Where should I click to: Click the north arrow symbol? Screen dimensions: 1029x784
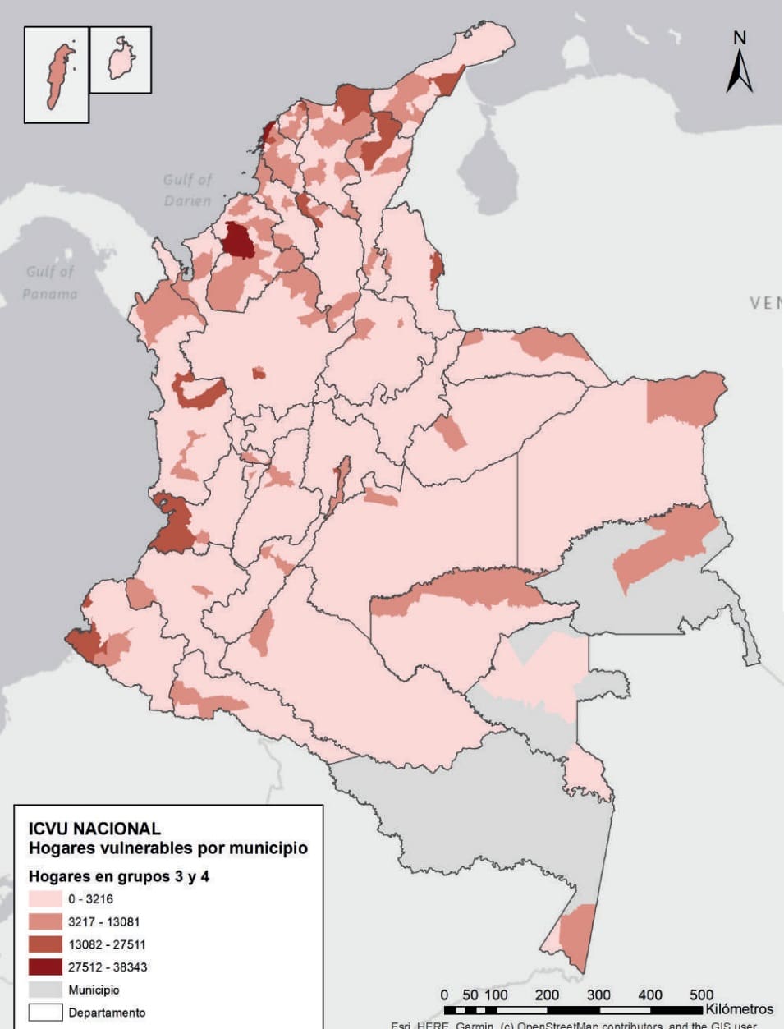(740, 72)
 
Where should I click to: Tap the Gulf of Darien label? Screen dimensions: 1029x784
(187, 190)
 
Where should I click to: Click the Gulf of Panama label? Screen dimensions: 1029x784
(50, 282)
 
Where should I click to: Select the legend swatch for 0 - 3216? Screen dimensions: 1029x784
(45, 898)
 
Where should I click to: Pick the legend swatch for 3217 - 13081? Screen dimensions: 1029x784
(45, 921)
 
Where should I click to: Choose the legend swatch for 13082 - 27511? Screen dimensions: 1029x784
(45, 944)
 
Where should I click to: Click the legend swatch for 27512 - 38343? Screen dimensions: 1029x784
(45, 967)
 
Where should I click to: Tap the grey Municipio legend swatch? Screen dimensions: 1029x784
(45, 990)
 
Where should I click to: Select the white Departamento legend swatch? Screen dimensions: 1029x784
(45, 1012)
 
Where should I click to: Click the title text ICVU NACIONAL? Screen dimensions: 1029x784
(94, 829)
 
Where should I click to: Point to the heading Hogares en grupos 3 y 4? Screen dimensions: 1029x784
(118, 876)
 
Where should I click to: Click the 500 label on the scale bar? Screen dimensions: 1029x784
(701, 995)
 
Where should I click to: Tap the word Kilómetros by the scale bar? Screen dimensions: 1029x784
(738, 1009)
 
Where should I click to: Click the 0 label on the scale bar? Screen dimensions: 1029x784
(444, 995)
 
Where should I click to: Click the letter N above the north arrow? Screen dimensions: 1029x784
(740, 39)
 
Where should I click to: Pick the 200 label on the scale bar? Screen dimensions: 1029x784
(547, 995)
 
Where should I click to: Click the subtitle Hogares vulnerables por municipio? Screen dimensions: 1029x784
(167, 848)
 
